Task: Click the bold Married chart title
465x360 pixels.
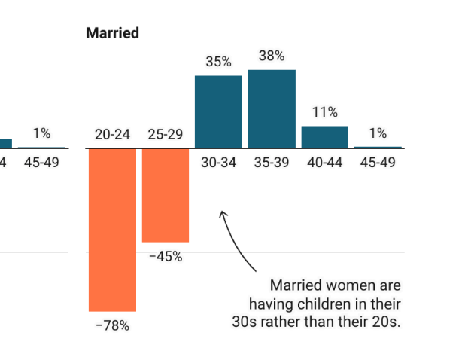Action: pos(112,33)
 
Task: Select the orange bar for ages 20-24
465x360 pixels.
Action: pos(112,230)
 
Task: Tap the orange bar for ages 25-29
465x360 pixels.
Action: pos(166,195)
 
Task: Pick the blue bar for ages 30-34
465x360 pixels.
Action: pos(218,111)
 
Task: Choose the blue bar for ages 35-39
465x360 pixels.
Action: pos(272,108)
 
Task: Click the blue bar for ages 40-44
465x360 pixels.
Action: pos(324,136)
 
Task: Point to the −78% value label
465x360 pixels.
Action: pos(112,326)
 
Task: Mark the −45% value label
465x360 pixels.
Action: pos(166,256)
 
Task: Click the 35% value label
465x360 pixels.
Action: pos(218,62)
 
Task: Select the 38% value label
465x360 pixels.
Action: pos(272,56)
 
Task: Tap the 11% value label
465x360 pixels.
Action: pos(324,112)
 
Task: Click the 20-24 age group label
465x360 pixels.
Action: pos(112,135)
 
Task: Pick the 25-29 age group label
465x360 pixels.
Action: pos(166,135)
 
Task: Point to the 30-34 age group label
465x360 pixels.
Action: pos(218,162)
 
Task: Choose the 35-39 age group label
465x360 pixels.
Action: pos(272,162)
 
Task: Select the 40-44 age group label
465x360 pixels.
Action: pos(324,162)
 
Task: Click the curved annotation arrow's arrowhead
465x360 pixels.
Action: pos(222,214)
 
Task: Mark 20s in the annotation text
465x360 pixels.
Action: pos(384,322)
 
